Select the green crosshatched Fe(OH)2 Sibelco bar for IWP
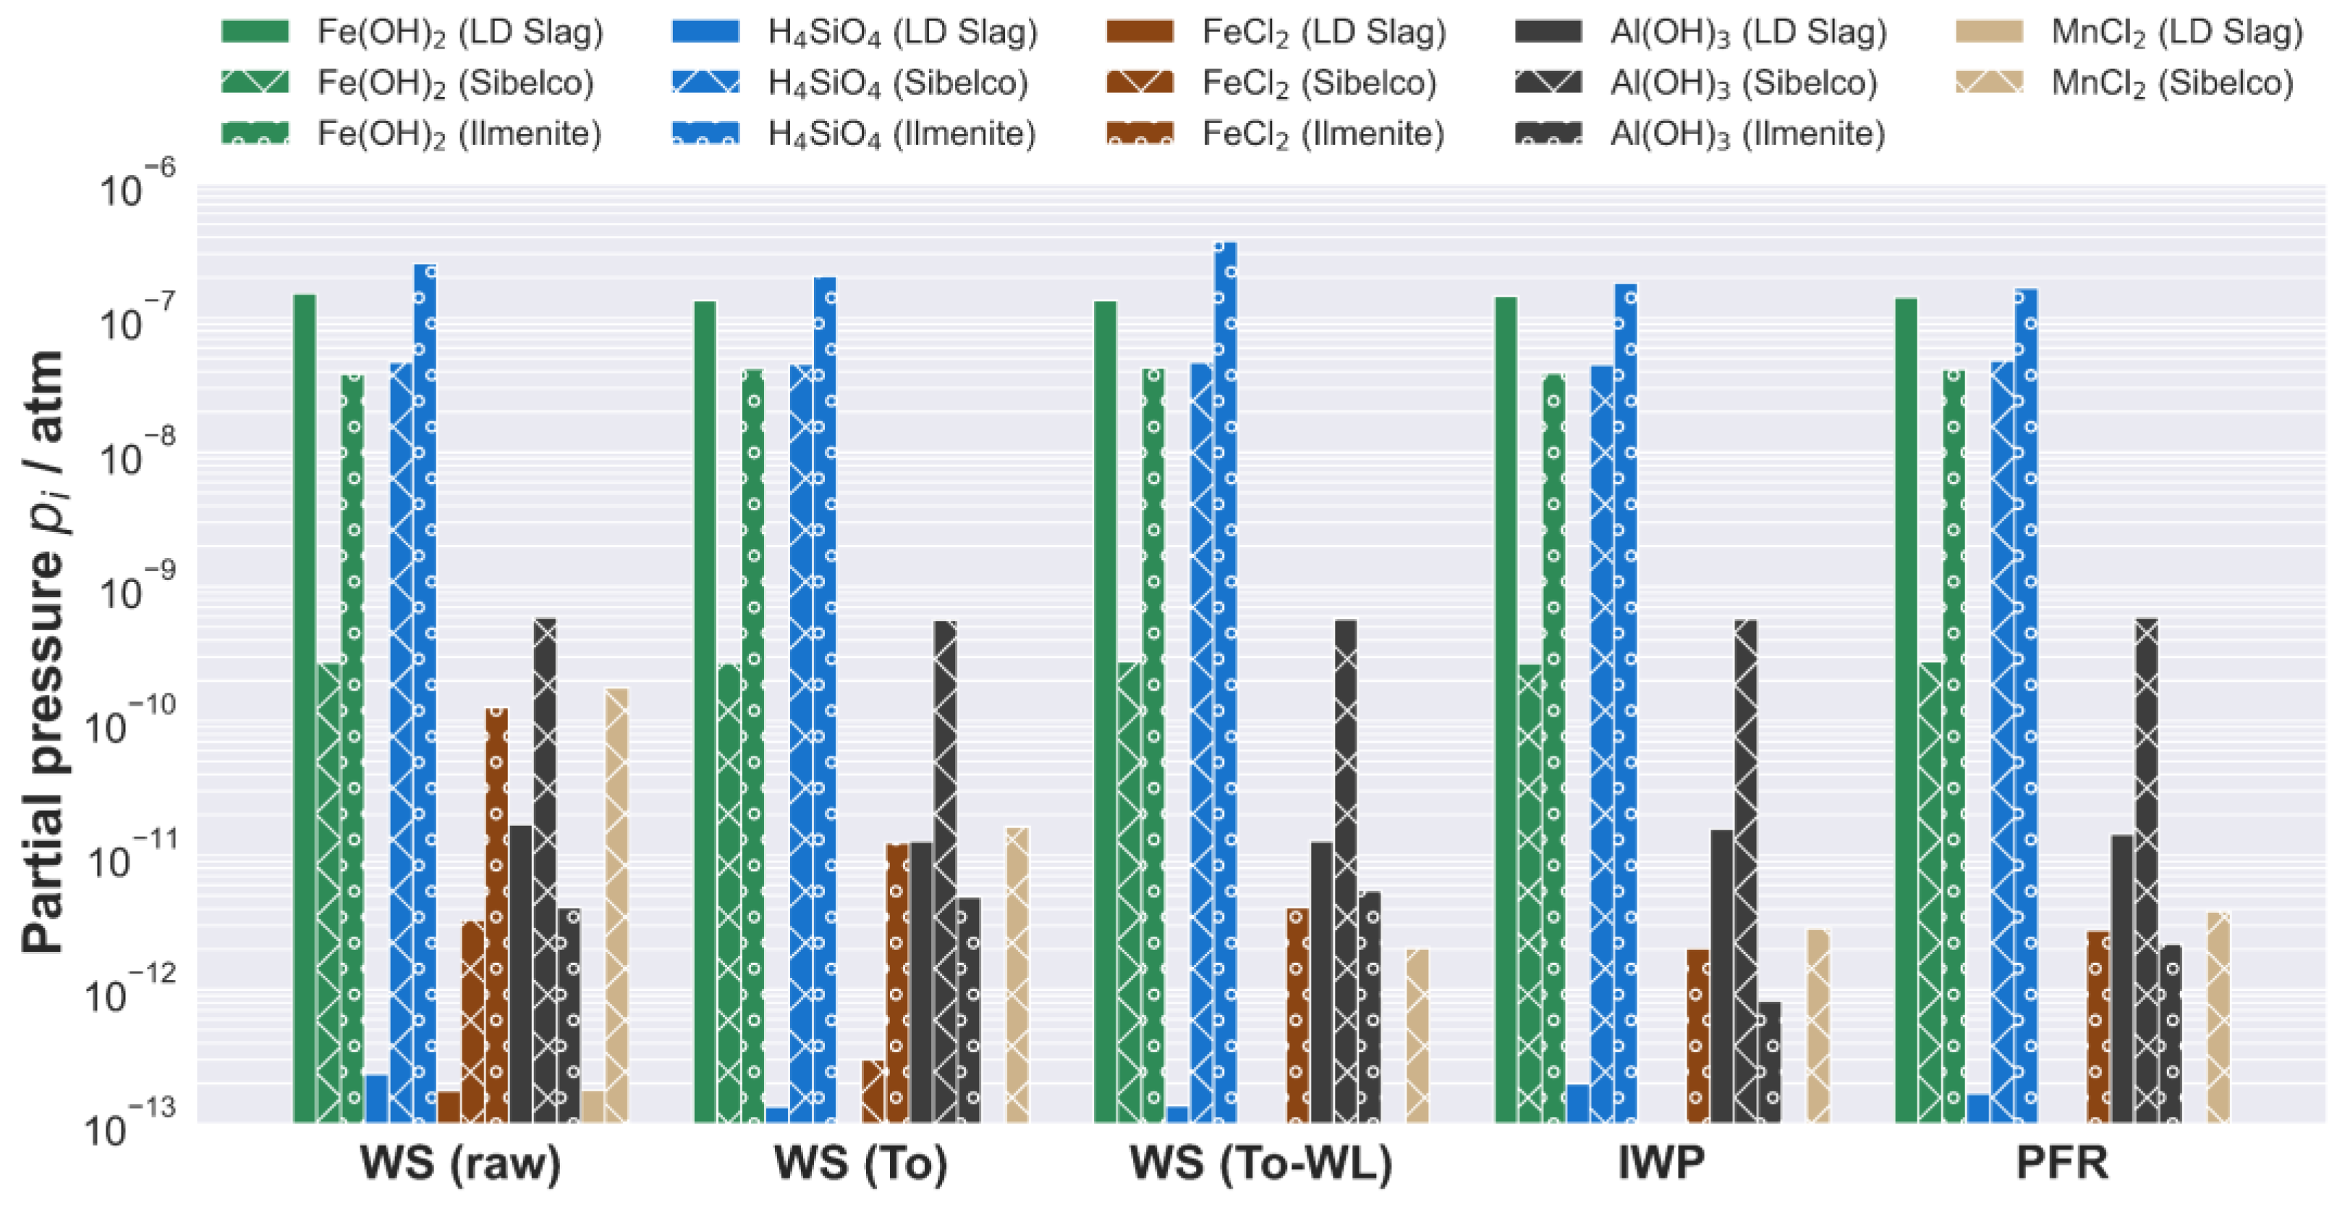point(1530,893)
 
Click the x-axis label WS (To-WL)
point(1261,1163)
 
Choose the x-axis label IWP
point(1661,1163)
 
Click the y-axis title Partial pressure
point(43,651)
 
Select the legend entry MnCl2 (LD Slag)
point(2176,32)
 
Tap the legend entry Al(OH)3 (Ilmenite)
point(1747,134)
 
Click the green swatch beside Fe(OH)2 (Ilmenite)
point(255,133)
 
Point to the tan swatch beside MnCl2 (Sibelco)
point(1989,83)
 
